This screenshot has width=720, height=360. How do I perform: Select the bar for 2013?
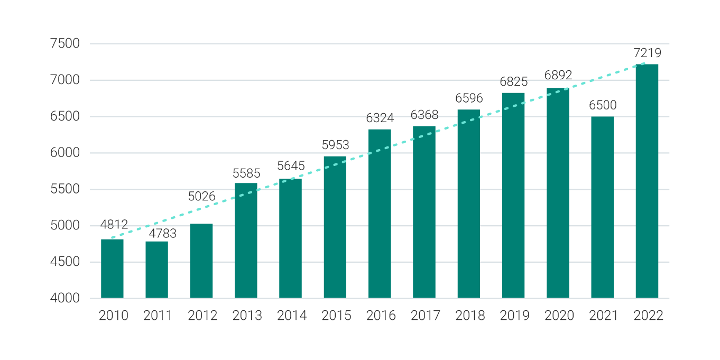[x=246, y=241]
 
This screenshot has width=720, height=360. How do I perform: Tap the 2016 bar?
[x=380, y=214]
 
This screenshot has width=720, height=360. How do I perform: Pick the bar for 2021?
[x=602, y=207]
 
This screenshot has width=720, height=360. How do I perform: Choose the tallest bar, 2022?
[x=647, y=181]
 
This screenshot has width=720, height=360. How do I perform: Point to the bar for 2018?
[x=468, y=204]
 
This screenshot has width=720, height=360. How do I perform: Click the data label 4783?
[x=162, y=233]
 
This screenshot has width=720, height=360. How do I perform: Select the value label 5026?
[x=202, y=197]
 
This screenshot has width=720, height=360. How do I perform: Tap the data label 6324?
[x=380, y=118]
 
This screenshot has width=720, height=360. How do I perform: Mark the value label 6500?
[x=603, y=105]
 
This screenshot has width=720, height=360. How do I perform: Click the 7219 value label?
[x=647, y=53]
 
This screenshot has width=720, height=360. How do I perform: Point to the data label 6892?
[x=558, y=76]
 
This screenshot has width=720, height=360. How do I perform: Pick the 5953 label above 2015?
[x=336, y=145]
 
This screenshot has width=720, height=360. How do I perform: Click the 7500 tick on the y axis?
[x=65, y=44]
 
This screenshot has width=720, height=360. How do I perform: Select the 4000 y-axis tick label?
[x=65, y=298]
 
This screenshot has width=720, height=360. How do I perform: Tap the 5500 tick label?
[x=65, y=189]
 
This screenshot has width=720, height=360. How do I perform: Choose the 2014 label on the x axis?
[x=292, y=316]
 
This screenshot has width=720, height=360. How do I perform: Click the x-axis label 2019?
[x=514, y=316]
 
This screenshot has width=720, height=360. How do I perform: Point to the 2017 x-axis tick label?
[x=426, y=316]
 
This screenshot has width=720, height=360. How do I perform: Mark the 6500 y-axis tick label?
[x=65, y=117]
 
